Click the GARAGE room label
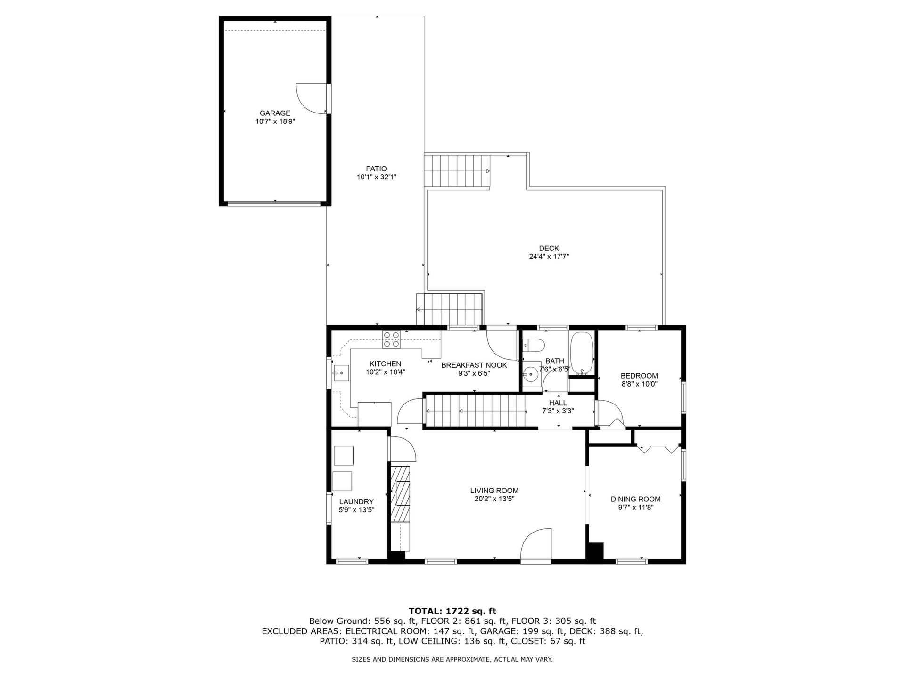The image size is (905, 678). pos(275,113)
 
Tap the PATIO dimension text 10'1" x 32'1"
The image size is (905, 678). pos(376,177)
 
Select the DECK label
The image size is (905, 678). pos(549,248)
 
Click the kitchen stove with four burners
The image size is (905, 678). pos(391,339)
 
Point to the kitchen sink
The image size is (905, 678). pos(340,373)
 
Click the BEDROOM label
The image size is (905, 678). pos(639,376)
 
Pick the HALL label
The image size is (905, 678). pos(558,403)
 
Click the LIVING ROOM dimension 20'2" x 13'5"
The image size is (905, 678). pos(494,499)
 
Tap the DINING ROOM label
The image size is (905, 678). pos(635,499)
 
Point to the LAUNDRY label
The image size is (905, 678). pos(356,502)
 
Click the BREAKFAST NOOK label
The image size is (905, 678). pos(474,365)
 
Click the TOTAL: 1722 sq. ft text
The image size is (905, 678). pos(452,611)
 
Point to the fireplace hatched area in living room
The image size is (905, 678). pos(400,500)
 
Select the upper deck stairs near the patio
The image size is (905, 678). pos(457,170)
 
